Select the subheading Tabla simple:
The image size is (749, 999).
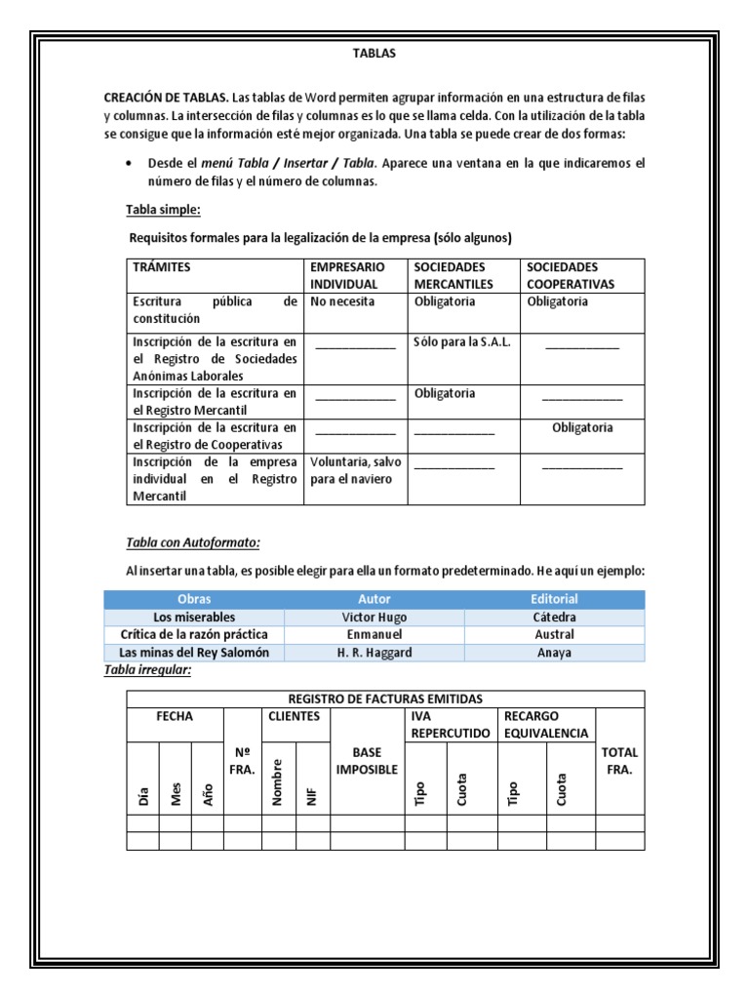[163, 210]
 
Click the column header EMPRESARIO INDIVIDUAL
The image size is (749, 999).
[348, 275]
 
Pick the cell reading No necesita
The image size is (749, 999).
[342, 301]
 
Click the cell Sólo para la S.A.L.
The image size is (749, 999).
[461, 342]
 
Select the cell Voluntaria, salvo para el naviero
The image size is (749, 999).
[351, 470]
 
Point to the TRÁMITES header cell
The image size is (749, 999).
[162, 267]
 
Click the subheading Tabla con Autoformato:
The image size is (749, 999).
[193, 542]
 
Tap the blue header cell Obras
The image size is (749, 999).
[194, 599]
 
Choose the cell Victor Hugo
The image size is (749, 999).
[374, 618]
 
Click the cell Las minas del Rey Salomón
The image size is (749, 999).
[194, 653]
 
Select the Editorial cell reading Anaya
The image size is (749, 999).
[554, 653]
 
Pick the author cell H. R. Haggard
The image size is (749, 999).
[374, 653]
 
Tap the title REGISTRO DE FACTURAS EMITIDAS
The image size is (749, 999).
[385, 699]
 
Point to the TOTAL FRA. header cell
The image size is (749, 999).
[619, 761]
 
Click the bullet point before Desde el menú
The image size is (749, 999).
[131, 163]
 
